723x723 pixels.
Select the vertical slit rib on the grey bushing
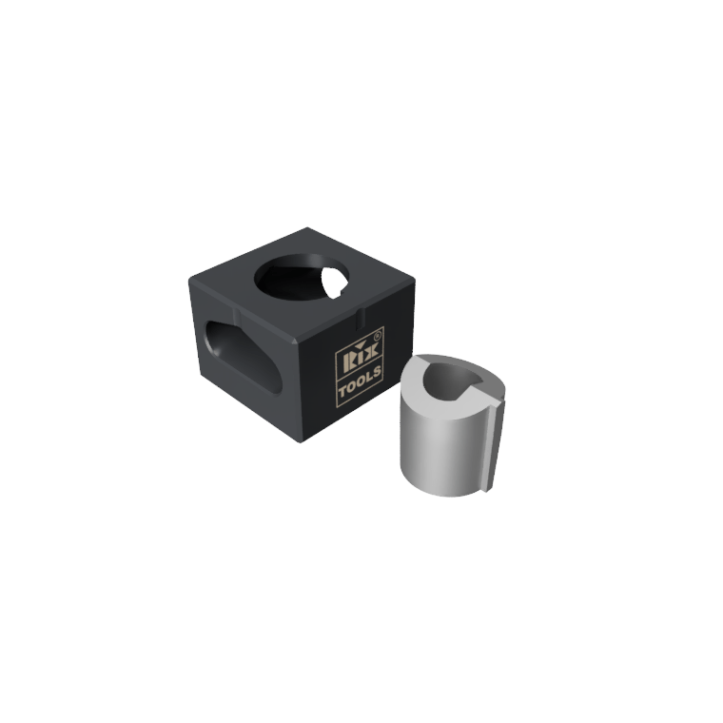click(x=495, y=445)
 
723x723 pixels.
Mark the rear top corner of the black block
click(x=307, y=228)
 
